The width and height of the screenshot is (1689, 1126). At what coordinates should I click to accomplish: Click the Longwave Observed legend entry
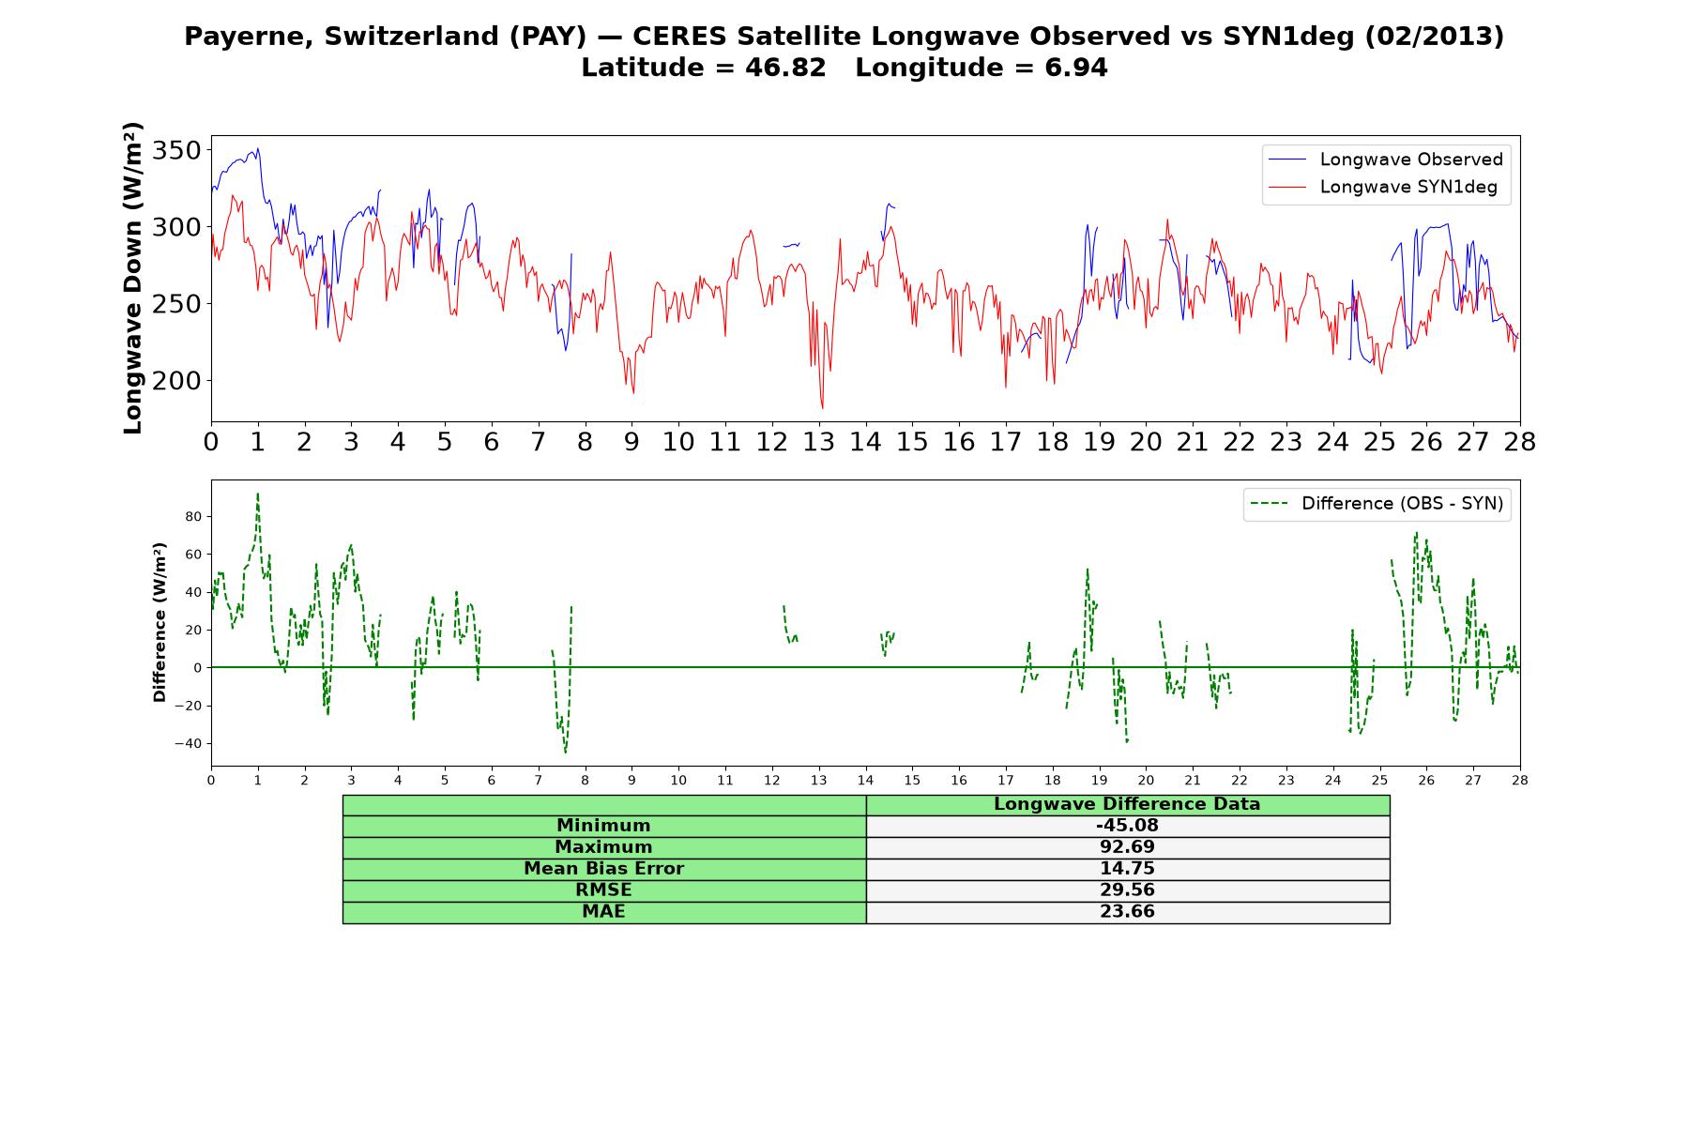1385,160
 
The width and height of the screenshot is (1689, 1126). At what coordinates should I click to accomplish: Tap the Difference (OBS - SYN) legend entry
1377,504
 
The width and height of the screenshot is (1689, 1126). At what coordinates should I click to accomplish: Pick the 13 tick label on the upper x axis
819,442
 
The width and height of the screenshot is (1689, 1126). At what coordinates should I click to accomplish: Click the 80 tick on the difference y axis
194,516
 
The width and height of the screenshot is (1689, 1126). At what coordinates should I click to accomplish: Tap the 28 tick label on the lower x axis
1520,781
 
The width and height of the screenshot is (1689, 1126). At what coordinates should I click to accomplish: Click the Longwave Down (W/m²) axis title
133,278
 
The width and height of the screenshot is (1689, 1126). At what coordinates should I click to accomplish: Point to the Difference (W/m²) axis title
160,622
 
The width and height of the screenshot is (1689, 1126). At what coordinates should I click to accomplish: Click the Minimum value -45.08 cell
1127,826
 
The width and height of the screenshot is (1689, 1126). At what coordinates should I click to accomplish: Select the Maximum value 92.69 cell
1127,847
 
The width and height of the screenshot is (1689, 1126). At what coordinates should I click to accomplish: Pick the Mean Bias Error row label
603,869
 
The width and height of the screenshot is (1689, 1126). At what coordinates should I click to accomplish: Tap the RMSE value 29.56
1127,890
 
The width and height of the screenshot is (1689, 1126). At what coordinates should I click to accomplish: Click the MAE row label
603,912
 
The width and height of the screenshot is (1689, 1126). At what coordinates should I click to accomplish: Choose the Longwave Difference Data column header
1127,804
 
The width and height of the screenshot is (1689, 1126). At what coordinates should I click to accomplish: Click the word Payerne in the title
250,37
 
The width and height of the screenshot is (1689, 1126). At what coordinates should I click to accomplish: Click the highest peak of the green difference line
257,493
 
